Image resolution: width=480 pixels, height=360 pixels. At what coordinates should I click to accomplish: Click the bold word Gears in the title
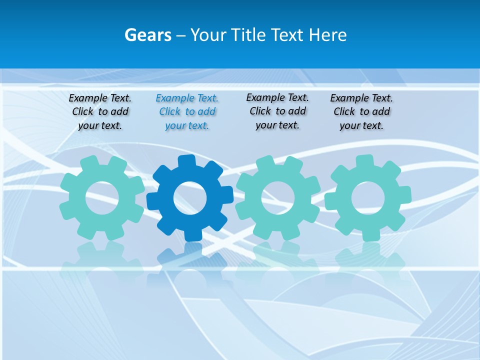148,35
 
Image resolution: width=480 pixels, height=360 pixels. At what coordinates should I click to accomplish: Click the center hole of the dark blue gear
189,198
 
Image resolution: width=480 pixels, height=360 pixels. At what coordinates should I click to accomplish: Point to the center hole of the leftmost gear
102,198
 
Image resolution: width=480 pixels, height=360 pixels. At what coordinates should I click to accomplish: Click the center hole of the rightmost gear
367,198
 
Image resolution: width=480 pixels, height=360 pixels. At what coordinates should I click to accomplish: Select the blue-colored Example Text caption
187,112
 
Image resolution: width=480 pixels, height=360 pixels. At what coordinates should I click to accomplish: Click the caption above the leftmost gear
100,112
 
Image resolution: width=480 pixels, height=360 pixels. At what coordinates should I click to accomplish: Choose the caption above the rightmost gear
361,112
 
